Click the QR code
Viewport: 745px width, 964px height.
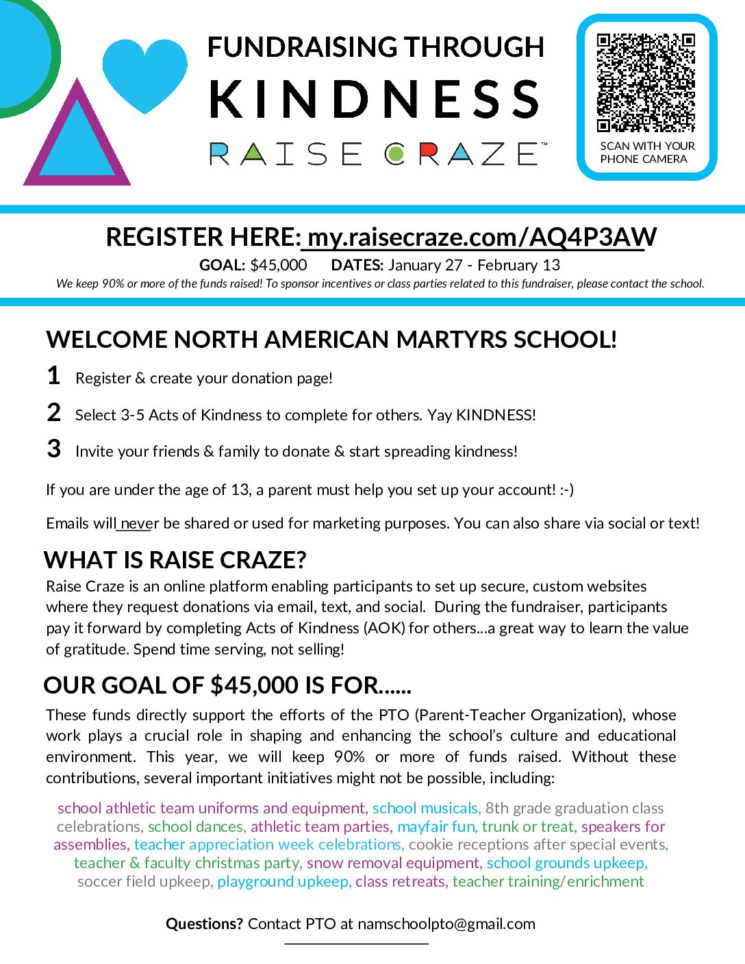click(x=646, y=82)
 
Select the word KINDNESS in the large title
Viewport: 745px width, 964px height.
click(x=375, y=100)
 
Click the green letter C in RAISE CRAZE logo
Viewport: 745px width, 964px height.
click(x=395, y=154)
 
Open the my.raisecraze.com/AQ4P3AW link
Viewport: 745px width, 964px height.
click(x=479, y=237)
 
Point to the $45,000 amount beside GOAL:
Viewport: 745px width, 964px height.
click(x=279, y=265)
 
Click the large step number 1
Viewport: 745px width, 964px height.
click(x=53, y=375)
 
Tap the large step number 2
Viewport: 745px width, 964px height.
click(x=53, y=412)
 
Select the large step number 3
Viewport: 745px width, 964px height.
click(x=53, y=448)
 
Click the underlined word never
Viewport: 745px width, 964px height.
click(x=136, y=523)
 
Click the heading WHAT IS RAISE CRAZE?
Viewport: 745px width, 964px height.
click(x=175, y=559)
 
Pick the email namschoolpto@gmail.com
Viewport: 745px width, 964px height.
click(x=446, y=924)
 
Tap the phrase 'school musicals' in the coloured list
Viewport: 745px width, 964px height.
click(x=425, y=808)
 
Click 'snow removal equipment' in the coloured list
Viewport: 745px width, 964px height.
click(x=393, y=863)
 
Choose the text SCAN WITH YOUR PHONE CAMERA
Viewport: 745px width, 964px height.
click(x=647, y=153)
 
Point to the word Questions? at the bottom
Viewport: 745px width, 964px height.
click(x=204, y=924)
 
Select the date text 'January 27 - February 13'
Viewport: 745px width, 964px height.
click(x=474, y=265)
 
